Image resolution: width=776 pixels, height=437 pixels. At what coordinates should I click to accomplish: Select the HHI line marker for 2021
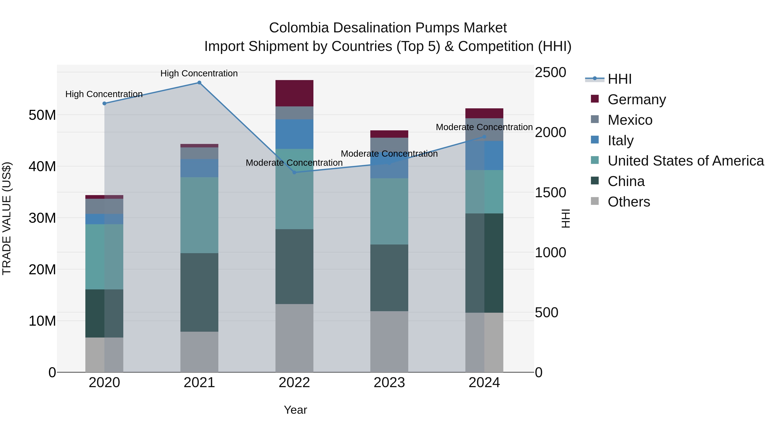[x=199, y=83]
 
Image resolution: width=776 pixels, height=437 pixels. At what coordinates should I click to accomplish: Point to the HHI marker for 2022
[x=294, y=172]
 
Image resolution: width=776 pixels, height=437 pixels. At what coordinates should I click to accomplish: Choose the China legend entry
[x=626, y=181]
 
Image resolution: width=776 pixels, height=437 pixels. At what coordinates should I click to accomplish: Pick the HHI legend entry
[x=619, y=79]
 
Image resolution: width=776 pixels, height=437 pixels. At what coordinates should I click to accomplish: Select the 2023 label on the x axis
[x=389, y=383]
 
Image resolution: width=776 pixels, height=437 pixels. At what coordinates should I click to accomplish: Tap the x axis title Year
[x=295, y=410]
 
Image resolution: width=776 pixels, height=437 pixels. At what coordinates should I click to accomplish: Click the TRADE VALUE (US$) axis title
[x=7, y=218]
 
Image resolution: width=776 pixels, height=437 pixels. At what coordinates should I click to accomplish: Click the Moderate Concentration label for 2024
[x=484, y=127]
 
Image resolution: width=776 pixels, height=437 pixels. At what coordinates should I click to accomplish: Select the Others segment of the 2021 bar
[x=199, y=352]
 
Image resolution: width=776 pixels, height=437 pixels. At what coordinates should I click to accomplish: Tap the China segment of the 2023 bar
[x=389, y=278]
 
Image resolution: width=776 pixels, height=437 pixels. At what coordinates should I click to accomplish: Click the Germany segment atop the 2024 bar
[x=484, y=113]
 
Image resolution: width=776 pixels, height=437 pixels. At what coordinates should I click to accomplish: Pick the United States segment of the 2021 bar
[x=199, y=215]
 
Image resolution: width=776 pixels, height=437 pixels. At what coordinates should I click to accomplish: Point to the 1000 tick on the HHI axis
[x=550, y=253]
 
